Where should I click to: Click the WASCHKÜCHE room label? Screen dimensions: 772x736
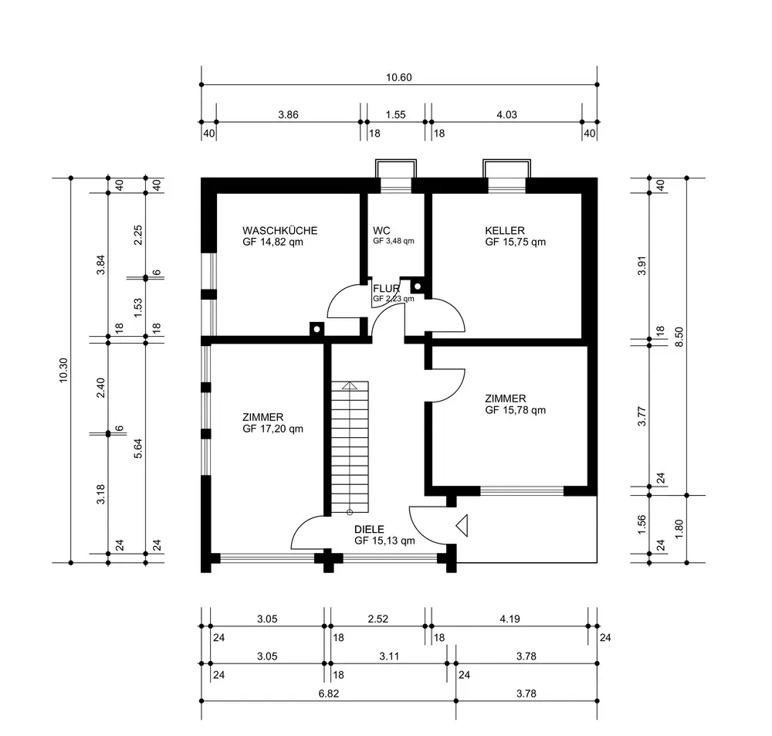click(x=279, y=231)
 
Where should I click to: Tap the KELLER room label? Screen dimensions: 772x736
click(x=505, y=231)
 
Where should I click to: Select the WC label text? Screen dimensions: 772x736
click(x=381, y=231)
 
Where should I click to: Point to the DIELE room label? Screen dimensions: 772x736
click(x=369, y=530)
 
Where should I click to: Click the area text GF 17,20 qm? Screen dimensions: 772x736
click(x=273, y=429)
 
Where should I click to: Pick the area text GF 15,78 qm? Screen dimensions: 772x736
click(x=516, y=410)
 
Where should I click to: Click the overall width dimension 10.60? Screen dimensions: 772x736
click(x=399, y=77)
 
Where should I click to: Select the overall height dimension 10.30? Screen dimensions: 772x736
click(x=63, y=370)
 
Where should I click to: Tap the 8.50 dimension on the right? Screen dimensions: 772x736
click(x=679, y=337)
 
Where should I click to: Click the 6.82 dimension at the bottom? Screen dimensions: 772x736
click(x=328, y=694)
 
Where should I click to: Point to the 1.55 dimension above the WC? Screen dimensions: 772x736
click(x=395, y=115)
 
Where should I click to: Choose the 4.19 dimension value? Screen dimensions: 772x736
click(x=510, y=619)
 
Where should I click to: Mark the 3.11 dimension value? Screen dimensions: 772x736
click(x=389, y=656)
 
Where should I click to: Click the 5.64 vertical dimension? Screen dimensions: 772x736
click(x=138, y=448)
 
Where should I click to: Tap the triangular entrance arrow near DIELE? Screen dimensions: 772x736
click(x=462, y=526)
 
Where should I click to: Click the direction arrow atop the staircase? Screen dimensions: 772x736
click(x=350, y=385)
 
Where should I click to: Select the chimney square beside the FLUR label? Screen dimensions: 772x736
click(x=417, y=287)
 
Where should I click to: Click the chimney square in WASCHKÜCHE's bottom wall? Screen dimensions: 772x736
click(x=317, y=328)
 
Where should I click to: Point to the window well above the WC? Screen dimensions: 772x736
click(x=396, y=168)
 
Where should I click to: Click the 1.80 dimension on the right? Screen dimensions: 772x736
click(x=679, y=529)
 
